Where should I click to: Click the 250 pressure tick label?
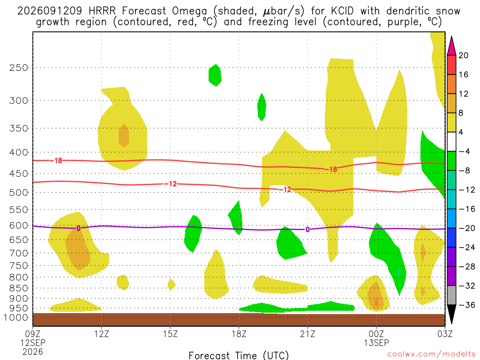tap(18, 67)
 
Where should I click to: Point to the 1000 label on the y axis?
tap(16, 317)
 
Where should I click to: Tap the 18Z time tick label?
tap(239, 333)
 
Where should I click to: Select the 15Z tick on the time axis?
tap(170, 333)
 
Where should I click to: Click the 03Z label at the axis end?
tap(445, 333)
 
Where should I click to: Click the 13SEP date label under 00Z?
tap(376, 343)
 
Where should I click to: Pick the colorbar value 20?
tap(463, 55)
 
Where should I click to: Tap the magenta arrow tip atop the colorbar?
tap(451, 37)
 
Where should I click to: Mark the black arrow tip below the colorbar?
tap(451, 323)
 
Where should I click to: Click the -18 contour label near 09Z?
tap(56, 160)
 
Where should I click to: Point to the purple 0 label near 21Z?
tap(307, 230)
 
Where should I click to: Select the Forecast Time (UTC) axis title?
tap(239, 355)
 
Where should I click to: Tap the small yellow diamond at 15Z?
tap(172, 285)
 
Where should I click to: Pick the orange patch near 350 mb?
tap(124, 135)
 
